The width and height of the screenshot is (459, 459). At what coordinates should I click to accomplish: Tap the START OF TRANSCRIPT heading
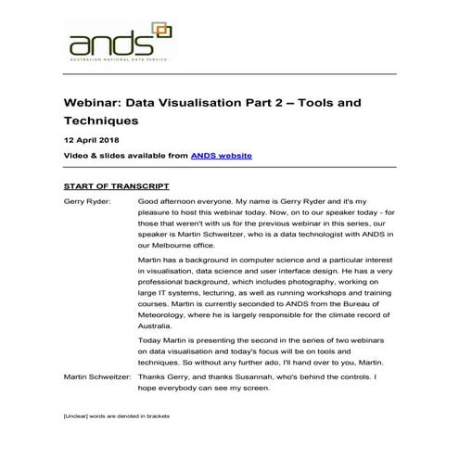pyautogui.click(x=116, y=186)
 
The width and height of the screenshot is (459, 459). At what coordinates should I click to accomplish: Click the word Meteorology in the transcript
pyautogui.click(x=168, y=313)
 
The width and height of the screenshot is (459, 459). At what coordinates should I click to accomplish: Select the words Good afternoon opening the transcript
pyautogui.click(x=171, y=200)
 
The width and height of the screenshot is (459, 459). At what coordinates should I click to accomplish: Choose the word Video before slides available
pyautogui.click(x=78, y=156)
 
